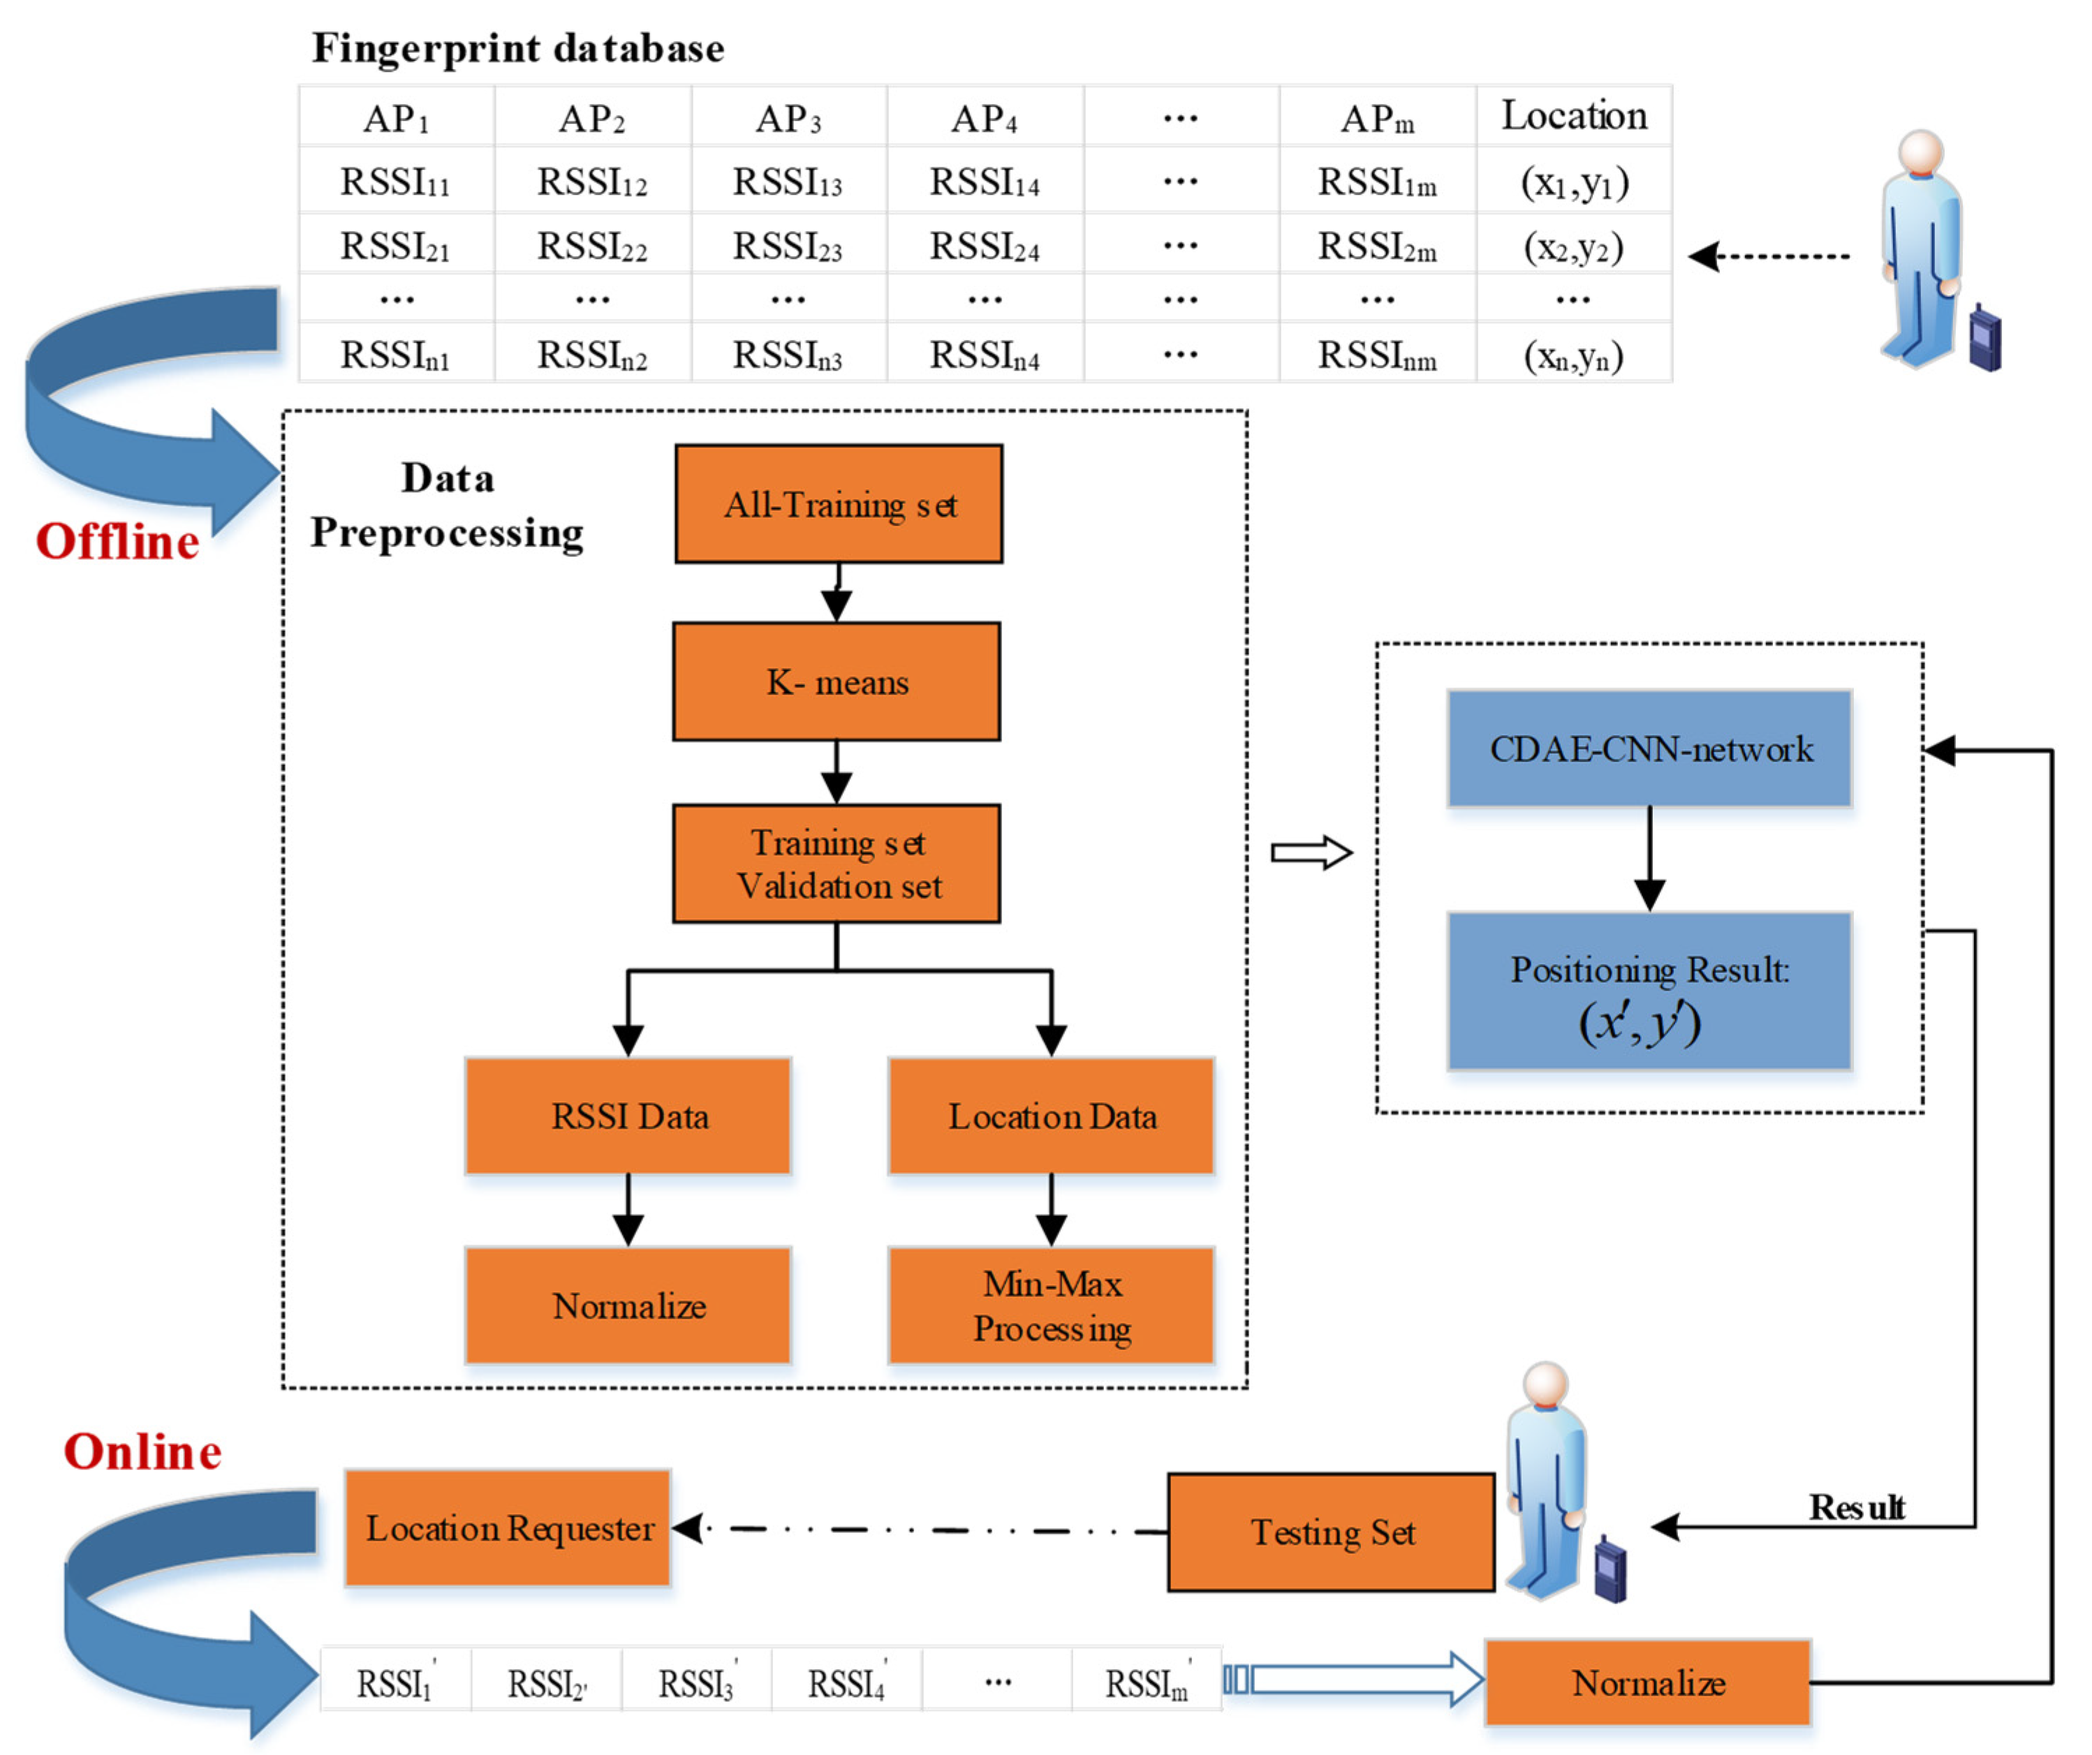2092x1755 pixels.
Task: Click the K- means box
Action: [837, 682]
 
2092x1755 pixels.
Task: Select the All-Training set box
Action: [839, 504]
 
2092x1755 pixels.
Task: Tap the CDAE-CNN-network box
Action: [1650, 749]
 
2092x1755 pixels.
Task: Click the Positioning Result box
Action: [1650, 992]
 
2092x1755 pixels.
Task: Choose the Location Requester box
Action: [508, 1528]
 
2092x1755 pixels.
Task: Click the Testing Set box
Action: [1332, 1532]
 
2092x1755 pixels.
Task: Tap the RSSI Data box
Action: [628, 1116]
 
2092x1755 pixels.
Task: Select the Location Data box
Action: [1051, 1116]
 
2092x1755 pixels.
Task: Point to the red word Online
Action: [142, 1452]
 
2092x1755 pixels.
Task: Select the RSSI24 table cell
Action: [985, 245]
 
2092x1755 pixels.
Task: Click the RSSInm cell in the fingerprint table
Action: [1377, 355]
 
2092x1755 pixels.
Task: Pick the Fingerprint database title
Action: [518, 47]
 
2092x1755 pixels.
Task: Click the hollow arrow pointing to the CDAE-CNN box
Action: [1311, 852]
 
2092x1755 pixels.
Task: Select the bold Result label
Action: [1856, 1508]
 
